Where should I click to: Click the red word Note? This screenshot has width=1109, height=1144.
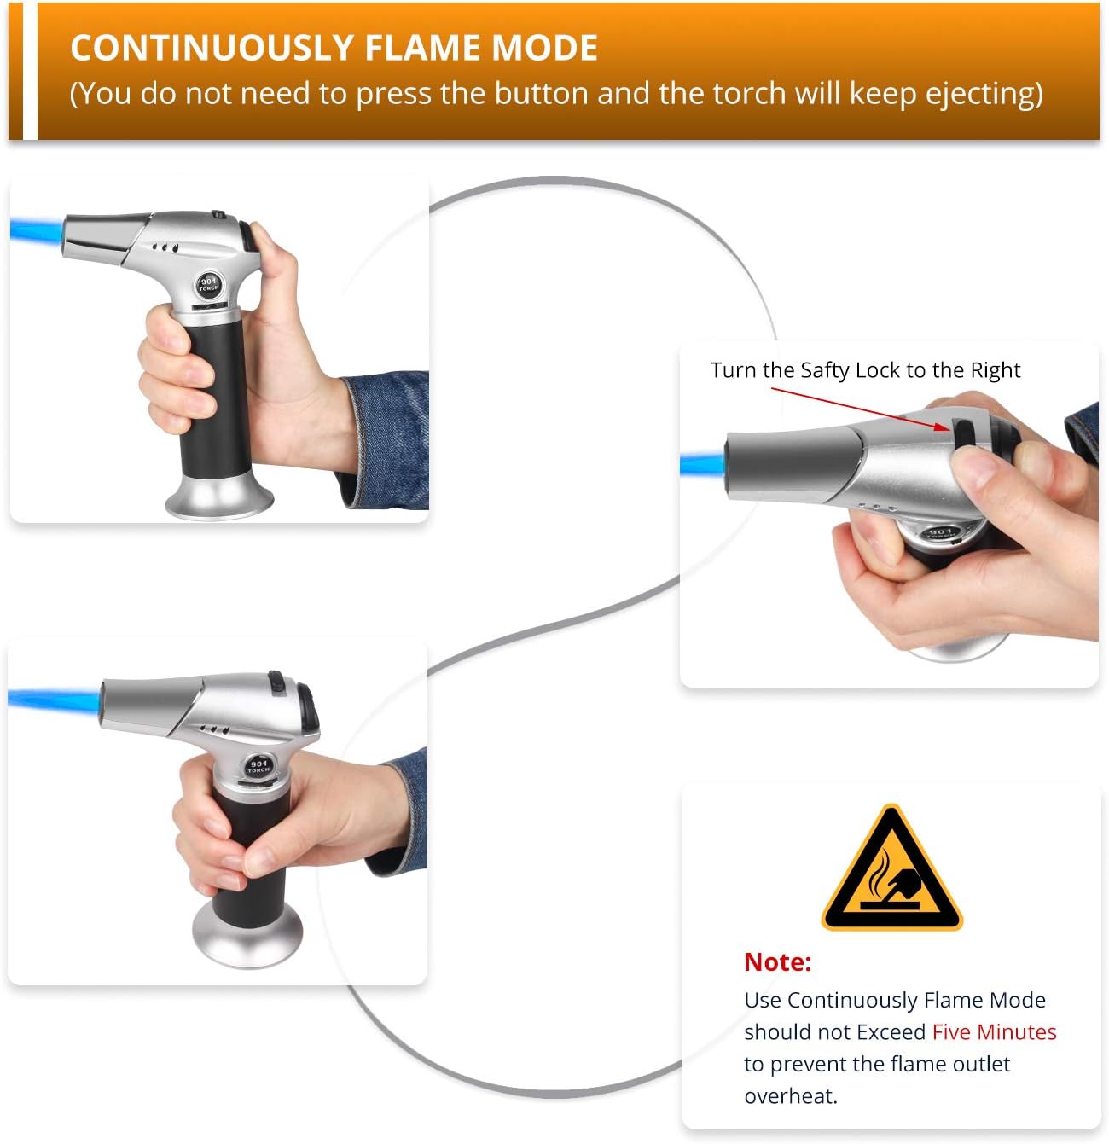click(x=777, y=962)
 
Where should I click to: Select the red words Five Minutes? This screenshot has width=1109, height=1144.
click(x=994, y=1032)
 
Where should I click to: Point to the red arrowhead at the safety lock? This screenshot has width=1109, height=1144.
click(x=943, y=426)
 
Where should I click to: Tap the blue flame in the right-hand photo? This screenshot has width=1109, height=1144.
click(x=702, y=466)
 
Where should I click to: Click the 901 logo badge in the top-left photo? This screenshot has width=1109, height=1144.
click(x=209, y=284)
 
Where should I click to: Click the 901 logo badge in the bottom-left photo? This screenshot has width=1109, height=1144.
click(x=258, y=765)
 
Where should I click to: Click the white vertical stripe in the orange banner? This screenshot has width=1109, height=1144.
click(x=30, y=71)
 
